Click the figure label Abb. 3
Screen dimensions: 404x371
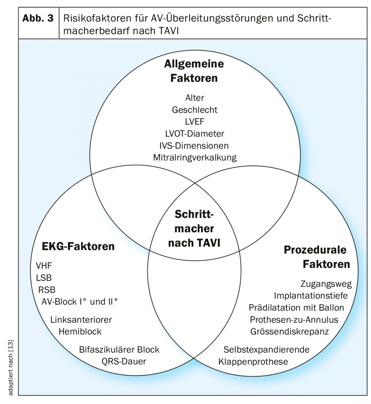point(38,19)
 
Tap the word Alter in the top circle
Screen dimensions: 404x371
point(195,98)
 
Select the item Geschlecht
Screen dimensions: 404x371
point(195,110)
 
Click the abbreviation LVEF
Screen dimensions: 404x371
point(195,122)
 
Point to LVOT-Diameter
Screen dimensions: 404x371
point(195,134)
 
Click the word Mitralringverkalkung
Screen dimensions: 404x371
point(195,157)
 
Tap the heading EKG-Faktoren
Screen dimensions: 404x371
point(78,247)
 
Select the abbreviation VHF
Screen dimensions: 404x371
point(44,266)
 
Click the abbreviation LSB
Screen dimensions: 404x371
point(44,278)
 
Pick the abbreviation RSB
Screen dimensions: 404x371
point(47,290)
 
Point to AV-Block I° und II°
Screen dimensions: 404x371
point(80,301)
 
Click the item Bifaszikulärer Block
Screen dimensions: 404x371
point(119,350)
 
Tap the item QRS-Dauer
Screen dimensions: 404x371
point(124,362)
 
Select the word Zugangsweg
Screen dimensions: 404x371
point(326,284)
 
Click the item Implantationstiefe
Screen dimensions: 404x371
point(311,296)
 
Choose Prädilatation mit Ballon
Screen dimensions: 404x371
point(296,308)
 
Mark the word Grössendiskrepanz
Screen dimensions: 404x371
point(289,331)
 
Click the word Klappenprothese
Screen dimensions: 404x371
point(253,362)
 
